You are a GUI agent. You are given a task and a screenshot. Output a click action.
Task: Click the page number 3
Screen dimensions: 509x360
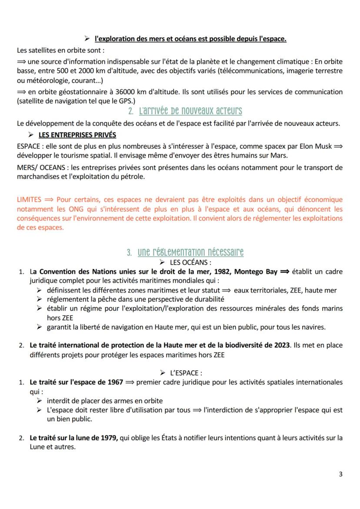click(x=340, y=474)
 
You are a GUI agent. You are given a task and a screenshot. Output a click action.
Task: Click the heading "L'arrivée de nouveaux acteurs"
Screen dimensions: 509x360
click(x=190, y=111)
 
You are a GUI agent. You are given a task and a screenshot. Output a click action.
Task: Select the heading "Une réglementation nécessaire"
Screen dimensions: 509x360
click(x=191, y=252)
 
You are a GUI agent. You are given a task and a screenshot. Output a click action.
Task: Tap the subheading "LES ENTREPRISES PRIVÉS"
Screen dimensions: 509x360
click(x=77, y=135)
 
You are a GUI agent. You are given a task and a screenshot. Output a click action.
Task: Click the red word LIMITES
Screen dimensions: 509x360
click(x=29, y=200)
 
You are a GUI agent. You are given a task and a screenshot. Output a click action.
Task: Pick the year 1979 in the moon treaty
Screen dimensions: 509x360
click(x=107, y=438)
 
